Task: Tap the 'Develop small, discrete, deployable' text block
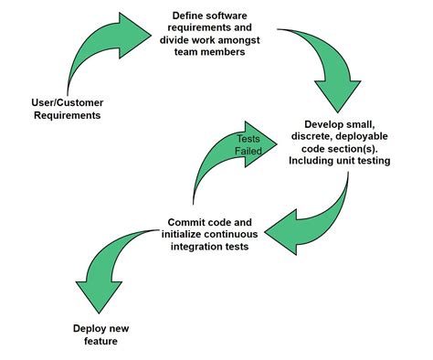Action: coord(341,142)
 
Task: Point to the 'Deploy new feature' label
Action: coord(96,334)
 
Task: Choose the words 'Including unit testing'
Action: coord(341,161)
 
